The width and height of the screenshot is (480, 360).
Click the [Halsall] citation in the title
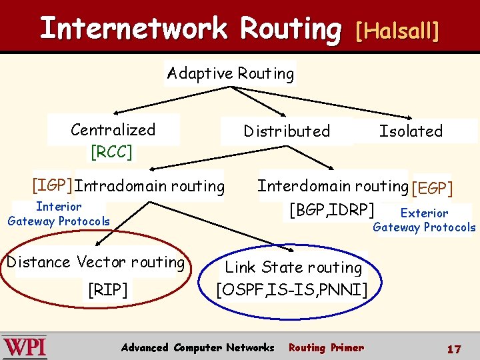pyautogui.click(x=397, y=30)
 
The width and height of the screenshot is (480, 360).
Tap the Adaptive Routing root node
pyautogui.click(x=230, y=73)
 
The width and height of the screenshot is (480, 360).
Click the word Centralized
pyautogui.click(x=113, y=130)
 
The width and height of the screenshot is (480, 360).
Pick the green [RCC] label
pyautogui.click(x=111, y=152)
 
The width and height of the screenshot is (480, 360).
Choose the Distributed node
pyautogui.click(x=287, y=131)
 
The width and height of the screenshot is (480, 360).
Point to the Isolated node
pyautogui.click(x=411, y=131)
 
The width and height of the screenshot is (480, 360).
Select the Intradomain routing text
pyautogui.click(x=150, y=186)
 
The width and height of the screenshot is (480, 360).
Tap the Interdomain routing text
pyautogui.click(x=333, y=186)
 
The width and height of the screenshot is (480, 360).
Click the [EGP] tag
pyautogui.click(x=432, y=189)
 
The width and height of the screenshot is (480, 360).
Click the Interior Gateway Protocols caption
pyautogui.click(x=59, y=214)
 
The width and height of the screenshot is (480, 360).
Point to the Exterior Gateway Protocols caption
pyautogui.click(x=424, y=221)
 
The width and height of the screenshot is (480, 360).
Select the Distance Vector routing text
pyautogui.click(x=95, y=262)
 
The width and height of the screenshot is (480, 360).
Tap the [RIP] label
pyautogui.click(x=107, y=289)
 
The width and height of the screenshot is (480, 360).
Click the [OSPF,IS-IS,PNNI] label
pyautogui.click(x=291, y=289)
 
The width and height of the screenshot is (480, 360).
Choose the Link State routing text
pyautogui.click(x=293, y=267)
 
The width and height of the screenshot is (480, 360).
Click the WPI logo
pyautogui.click(x=24, y=347)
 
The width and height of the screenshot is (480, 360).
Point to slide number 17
pyautogui.click(x=454, y=349)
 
